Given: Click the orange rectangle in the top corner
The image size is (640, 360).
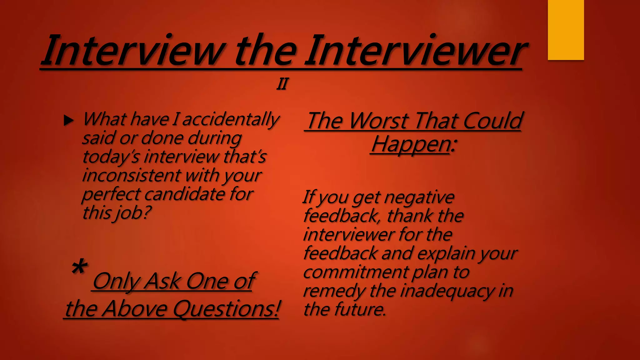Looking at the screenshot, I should pyautogui.click(x=566, y=30).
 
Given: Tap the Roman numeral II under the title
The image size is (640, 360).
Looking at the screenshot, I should pyautogui.click(x=282, y=84).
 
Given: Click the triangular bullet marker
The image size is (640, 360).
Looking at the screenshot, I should pyautogui.click(x=68, y=120).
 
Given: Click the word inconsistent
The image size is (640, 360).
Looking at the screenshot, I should pyautogui.click(x=132, y=175).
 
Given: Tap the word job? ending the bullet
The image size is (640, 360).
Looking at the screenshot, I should pyautogui.click(x=134, y=213).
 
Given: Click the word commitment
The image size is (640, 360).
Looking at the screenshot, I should pyautogui.click(x=356, y=272).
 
